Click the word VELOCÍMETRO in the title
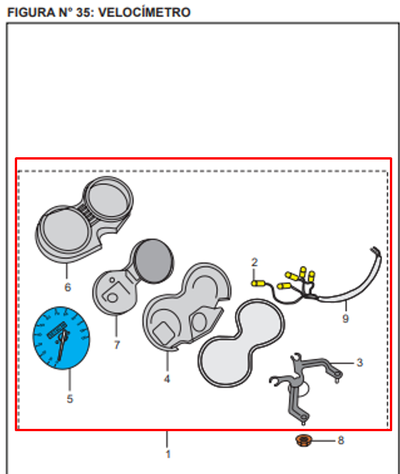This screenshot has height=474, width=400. (x=145, y=12)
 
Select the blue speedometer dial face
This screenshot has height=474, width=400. (x=61, y=338)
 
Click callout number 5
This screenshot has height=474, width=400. (x=70, y=399)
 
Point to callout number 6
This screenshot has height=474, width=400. (x=68, y=287)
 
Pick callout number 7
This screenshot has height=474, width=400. (x=117, y=345)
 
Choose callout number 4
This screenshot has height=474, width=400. (x=167, y=379)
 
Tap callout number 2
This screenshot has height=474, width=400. (x=254, y=262)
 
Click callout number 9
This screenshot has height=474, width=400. (x=346, y=318)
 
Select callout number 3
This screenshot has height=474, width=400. (x=360, y=362)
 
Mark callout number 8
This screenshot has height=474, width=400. (x=341, y=441)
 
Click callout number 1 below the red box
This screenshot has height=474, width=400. (x=168, y=454)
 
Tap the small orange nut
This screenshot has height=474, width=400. (x=304, y=441)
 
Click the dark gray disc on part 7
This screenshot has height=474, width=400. (x=153, y=262)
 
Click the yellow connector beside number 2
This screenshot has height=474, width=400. (x=258, y=283)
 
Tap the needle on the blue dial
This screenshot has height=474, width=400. (x=62, y=345)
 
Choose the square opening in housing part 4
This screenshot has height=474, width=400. (x=163, y=333)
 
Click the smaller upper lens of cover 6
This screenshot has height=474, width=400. (x=108, y=198)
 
